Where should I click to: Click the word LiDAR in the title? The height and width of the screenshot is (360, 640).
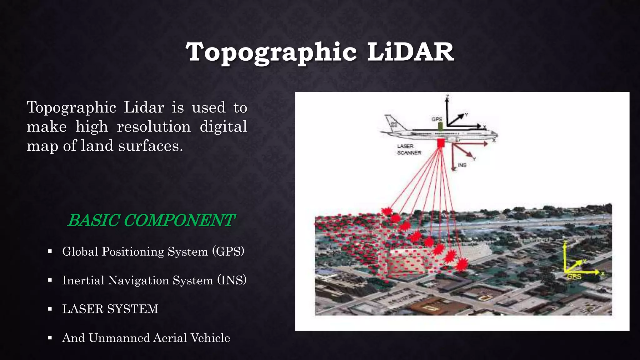(x=410, y=52)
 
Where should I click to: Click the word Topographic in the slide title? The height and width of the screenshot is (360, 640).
(x=271, y=52)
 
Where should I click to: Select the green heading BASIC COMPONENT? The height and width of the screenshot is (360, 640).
(x=151, y=220)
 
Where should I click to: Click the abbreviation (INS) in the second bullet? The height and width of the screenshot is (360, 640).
(x=232, y=280)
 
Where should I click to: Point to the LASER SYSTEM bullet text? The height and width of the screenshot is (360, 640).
(x=110, y=309)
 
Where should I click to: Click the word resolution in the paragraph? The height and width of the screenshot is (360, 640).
(x=154, y=127)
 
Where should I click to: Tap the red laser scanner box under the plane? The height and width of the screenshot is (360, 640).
(x=441, y=143)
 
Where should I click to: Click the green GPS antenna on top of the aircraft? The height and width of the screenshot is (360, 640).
(x=440, y=126)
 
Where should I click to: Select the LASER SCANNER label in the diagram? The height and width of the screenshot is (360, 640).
(x=409, y=149)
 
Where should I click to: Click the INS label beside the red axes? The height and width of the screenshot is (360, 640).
(x=462, y=165)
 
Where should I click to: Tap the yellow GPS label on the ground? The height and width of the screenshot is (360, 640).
(x=574, y=277)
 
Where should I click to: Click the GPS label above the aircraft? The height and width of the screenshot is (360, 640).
(x=437, y=119)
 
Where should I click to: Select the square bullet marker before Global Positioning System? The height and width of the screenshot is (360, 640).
(x=50, y=252)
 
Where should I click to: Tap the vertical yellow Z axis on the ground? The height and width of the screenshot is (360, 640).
(x=565, y=256)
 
